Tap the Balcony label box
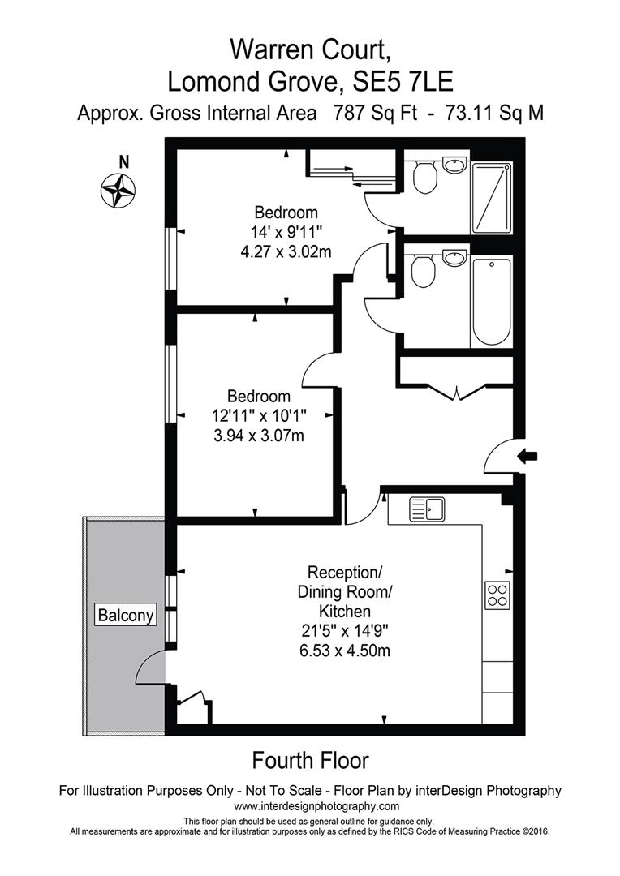tap(126, 616)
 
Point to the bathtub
tap(491, 302)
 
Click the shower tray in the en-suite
tap(491, 197)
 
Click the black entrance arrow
tap(528, 457)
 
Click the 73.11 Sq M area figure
tap(489, 114)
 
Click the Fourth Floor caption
tap(310, 761)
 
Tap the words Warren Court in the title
tap(310, 50)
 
